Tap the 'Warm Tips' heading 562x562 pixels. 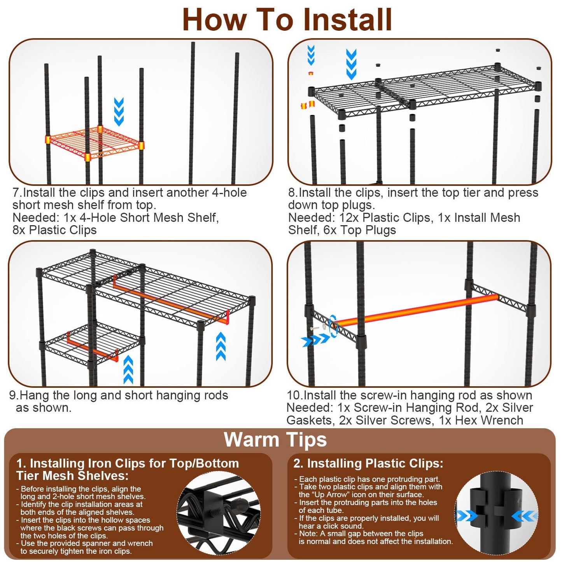[x=275, y=440]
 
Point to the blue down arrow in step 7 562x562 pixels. [x=119, y=111]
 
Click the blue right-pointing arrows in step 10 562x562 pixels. [x=316, y=341]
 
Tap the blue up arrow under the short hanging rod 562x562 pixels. [x=128, y=369]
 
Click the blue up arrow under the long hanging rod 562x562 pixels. [x=221, y=346]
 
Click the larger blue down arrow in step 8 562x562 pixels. [x=351, y=64]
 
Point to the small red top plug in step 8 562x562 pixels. [x=310, y=73]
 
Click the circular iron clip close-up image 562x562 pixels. [x=219, y=515]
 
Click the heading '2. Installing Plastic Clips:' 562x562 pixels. [x=368, y=463]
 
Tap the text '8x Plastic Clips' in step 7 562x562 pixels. [x=54, y=230]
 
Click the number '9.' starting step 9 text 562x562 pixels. [x=14, y=395]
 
